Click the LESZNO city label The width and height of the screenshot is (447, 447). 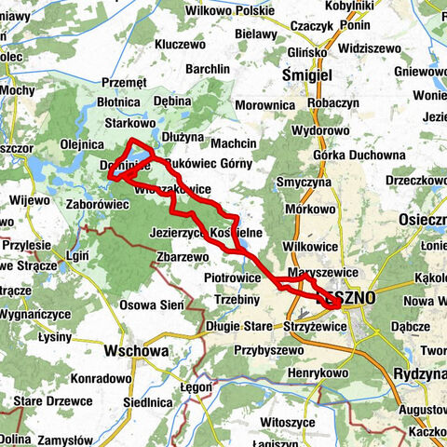point(346,298)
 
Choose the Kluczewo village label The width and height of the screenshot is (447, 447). point(182,43)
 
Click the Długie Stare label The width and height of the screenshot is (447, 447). point(240,327)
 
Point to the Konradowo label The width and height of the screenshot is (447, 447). point(99,378)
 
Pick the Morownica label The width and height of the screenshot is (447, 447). point(264,105)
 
